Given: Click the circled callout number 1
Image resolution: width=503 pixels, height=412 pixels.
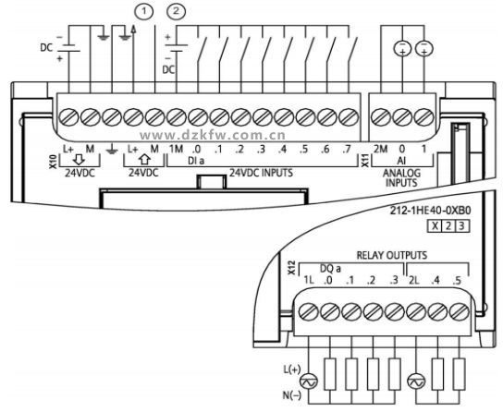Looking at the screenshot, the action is coord(143,11).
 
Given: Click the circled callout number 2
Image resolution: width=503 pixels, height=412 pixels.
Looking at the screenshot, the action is coord(176,11).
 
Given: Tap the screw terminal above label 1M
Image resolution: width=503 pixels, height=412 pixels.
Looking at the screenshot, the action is coord(177,117).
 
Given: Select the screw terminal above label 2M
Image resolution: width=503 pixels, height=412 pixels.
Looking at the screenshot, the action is coord(381,117).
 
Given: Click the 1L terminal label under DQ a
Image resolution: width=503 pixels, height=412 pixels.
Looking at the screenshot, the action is coord(309,280).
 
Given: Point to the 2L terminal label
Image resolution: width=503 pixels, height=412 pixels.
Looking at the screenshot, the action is coord(414,280).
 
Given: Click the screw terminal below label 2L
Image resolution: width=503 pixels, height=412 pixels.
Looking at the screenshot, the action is coord(416,311).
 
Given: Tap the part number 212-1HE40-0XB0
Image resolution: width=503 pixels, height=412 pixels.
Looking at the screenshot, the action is coord(430,211).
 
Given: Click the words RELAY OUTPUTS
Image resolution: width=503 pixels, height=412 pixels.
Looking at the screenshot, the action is coord(392,255).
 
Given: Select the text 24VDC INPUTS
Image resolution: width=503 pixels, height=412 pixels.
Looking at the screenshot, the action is coord(261,173).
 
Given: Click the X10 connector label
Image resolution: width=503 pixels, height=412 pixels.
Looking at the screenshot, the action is coord(53,161).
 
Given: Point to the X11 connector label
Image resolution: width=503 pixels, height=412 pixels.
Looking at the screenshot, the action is coord(365,160).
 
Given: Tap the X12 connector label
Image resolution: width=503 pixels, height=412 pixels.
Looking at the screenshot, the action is coord(291,268).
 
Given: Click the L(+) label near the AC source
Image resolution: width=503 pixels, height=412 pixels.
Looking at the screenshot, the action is coord(292,370).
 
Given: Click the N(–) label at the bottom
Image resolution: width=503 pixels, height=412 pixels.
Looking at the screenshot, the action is coord(292,395).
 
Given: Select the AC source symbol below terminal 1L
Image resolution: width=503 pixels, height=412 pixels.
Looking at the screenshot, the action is coord(309,382).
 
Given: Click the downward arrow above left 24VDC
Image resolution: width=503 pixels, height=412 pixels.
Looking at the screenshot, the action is coord(79,159).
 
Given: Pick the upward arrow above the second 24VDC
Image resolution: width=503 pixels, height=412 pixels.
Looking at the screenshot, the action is coord(144,159).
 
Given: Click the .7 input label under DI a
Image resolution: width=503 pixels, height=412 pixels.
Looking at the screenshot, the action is coord(347,150).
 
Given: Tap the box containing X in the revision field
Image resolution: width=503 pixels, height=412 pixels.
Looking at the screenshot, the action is coord(435,226).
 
